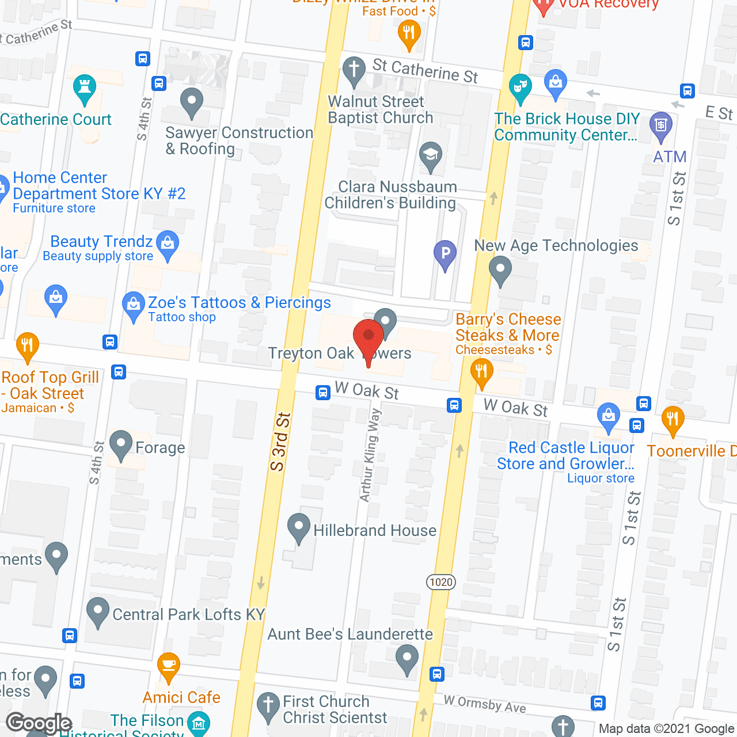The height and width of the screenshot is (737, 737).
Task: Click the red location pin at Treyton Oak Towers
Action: pos(368,337)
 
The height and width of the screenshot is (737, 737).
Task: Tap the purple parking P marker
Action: pos(445,253)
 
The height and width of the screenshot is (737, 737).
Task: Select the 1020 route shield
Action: pos(441,582)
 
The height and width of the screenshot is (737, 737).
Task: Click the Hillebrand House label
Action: pos(374,530)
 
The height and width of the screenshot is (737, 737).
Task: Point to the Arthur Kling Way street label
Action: pos(370,455)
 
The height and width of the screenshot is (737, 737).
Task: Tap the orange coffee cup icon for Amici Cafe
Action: pos(168,666)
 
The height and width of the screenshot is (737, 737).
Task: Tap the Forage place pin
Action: pos(121,444)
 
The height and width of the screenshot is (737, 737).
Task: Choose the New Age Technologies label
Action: pos(556,246)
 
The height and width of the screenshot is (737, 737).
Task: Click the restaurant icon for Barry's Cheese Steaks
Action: pos(481,371)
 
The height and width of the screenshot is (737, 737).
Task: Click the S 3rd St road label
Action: pos(280,442)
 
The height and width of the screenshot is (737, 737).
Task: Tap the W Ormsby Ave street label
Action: pos(485,704)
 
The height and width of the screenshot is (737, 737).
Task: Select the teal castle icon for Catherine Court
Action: pos(85,88)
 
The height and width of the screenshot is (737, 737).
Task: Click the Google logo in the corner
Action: pos(39,723)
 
